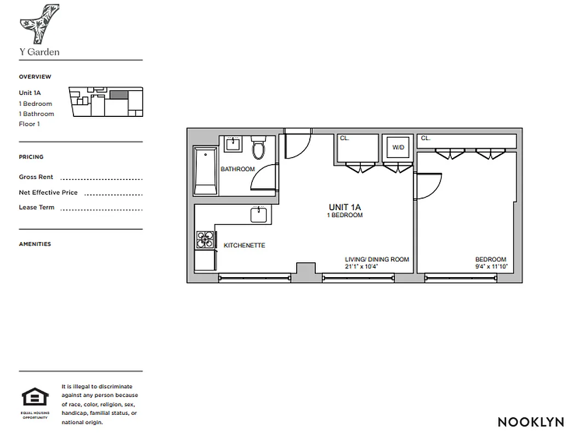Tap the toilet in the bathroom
click(x=258, y=148)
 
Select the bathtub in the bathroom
click(x=206, y=171)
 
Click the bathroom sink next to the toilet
click(x=234, y=144)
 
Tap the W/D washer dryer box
click(x=396, y=147)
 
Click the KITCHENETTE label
click(x=244, y=245)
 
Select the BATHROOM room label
click(x=237, y=169)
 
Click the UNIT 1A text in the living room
click(x=345, y=207)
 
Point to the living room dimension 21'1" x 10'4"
click(x=362, y=267)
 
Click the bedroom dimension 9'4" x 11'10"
click(x=491, y=267)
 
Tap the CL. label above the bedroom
click(x=426, y=139)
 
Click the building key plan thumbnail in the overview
click(x=105, y=102)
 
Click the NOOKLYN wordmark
click(x=530, y=422)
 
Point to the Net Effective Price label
click(x=48, y=193)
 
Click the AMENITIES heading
click(x=35, y=244)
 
